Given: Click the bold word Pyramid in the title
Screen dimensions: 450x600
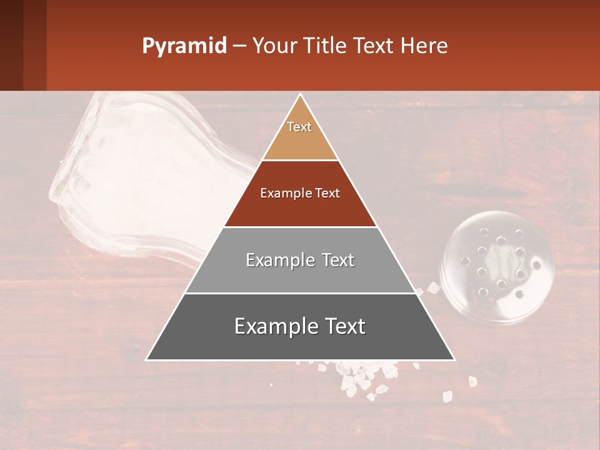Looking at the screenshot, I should pyautogui.click(x=184, y=46).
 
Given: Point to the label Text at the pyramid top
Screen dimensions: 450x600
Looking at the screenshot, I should pyautogui.click(x=299, y=127).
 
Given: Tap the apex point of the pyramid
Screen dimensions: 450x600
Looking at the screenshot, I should pyautogui.click(x=301, y=95).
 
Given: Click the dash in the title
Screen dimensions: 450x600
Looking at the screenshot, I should pyautogui.click(x=239, y=46).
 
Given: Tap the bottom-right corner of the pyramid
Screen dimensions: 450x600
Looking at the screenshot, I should pyautogui.click(x=454, y=359).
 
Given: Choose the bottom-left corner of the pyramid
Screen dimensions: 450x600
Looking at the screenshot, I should pyautogui.click(x=147, y=359).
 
